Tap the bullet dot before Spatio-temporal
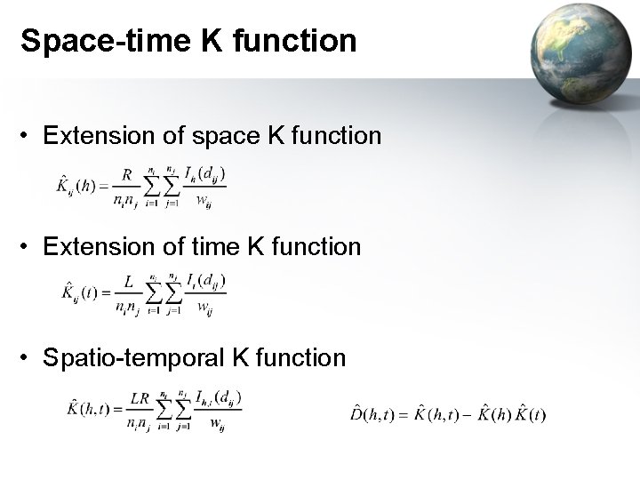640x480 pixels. click(28, 358)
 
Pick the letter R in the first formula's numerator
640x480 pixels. click(126, 175)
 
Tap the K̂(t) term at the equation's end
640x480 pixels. click(531, 414)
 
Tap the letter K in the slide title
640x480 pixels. click(199, 41)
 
